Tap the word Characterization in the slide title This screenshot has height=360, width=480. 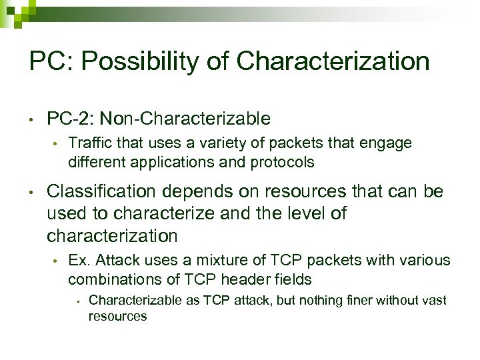pos(333,62)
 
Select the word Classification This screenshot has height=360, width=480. pos(101,193)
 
